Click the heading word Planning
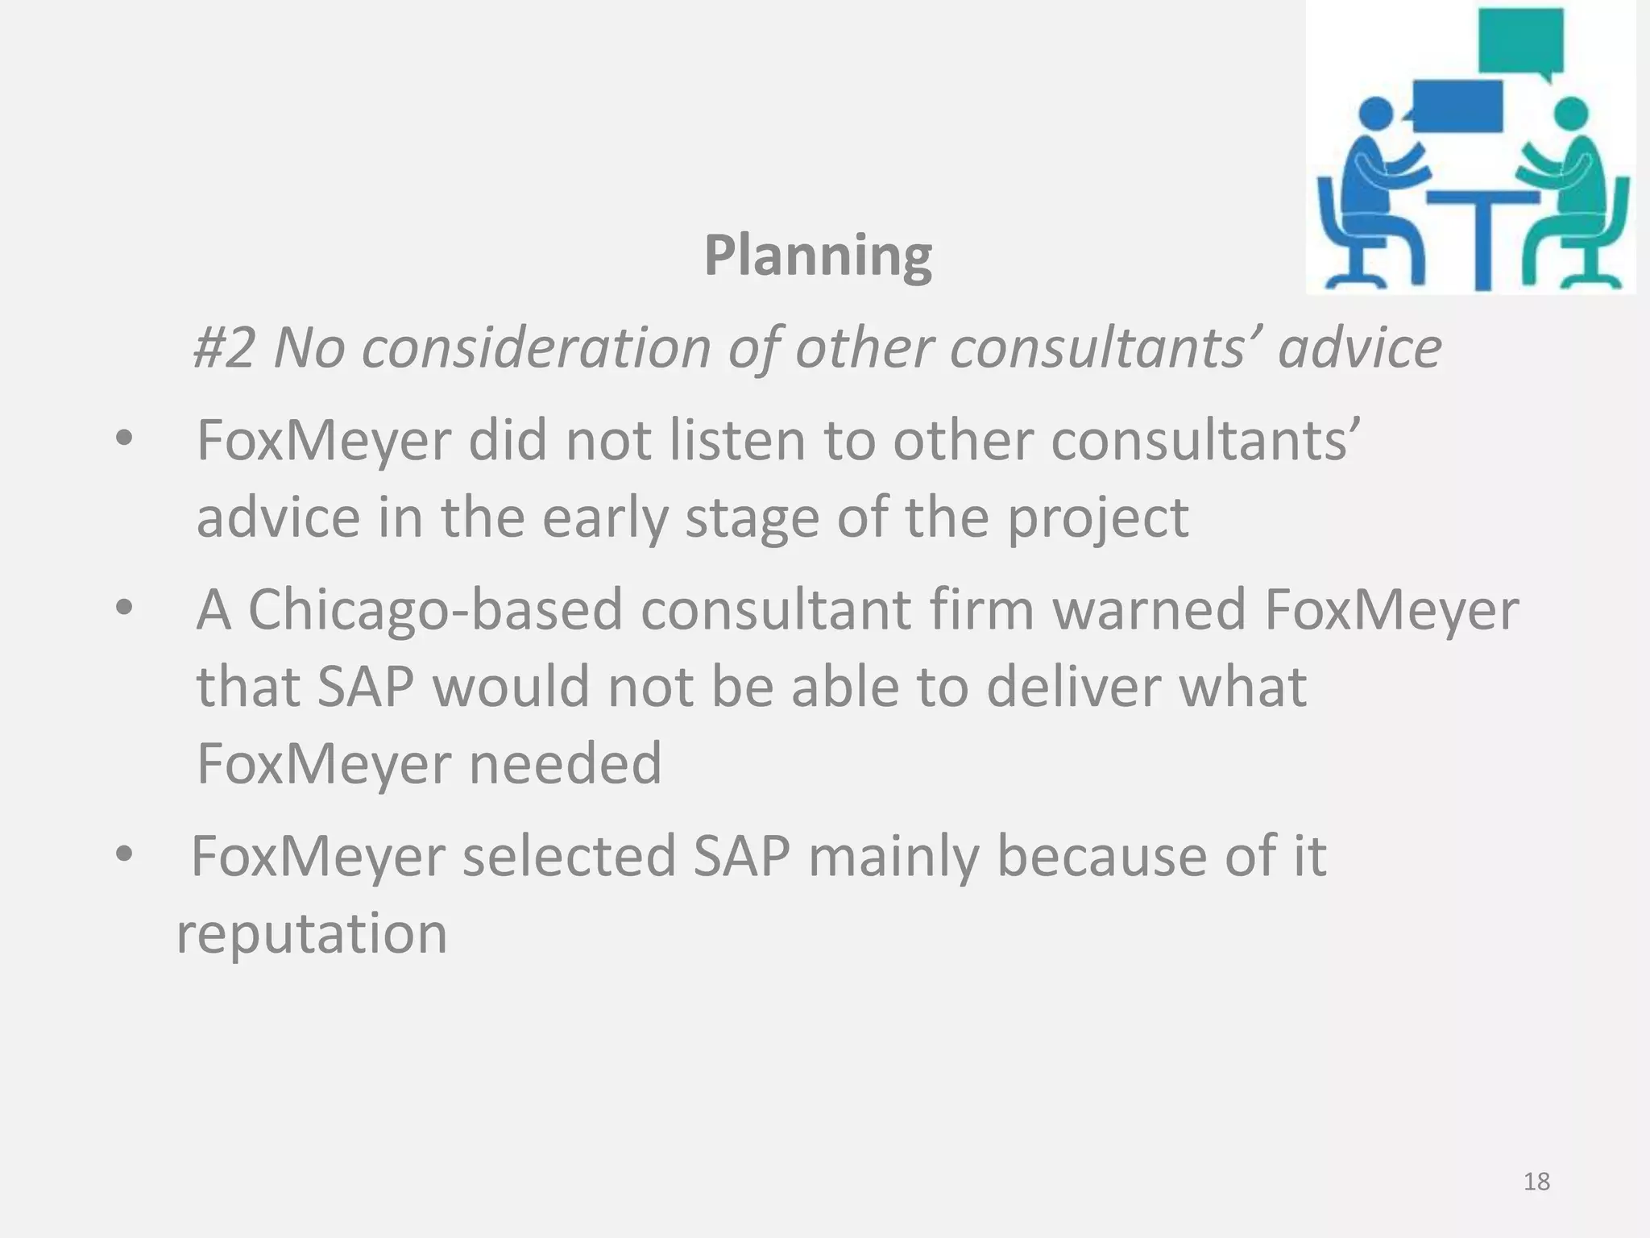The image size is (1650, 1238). coord(818,256)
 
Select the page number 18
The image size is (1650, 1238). coord(1536,1182)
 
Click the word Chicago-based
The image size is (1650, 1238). coord(435,610)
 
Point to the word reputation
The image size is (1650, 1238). coord(311,934)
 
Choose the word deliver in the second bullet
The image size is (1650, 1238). coord(1073,687)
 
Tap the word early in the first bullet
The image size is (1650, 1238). coord(605,518)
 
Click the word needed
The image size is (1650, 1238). coord(565,763)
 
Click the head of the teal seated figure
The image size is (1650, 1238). coord(1570,114)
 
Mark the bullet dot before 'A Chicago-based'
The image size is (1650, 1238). coord(123,609)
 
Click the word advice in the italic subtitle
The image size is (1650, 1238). coord(1359,348)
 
